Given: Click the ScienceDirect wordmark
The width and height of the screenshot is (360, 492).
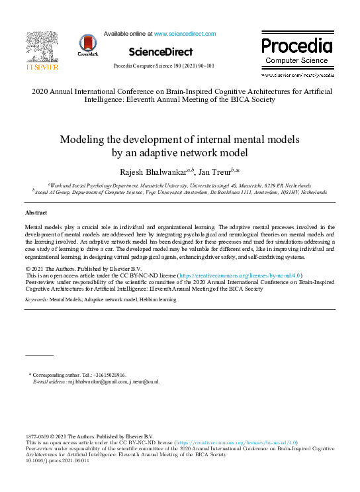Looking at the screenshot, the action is (161, 52).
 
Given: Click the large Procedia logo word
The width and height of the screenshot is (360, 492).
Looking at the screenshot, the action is (296, 46).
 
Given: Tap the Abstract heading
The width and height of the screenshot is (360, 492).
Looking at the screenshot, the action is (36, 213).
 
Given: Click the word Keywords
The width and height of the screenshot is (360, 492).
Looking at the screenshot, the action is (36, 300).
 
